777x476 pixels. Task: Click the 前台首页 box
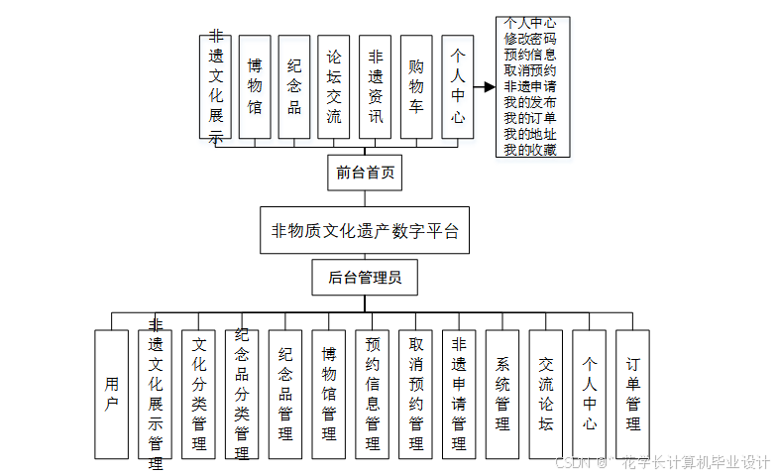(365, 173)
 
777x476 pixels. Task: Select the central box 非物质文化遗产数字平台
(364, 232)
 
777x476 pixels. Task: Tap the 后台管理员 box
(364, 278)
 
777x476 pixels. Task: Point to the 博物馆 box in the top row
(255, 86)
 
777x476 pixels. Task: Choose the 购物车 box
(416, 86)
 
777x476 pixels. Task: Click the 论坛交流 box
(334, 86)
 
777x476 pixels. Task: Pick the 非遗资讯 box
(376, 86)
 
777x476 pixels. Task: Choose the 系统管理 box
(502, 394)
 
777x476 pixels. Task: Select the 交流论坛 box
(546, 394)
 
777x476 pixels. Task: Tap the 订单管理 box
(632, 394)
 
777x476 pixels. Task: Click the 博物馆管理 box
(329, 394)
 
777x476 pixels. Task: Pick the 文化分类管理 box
(199, 394)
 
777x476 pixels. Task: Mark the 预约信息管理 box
(373, 394)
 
